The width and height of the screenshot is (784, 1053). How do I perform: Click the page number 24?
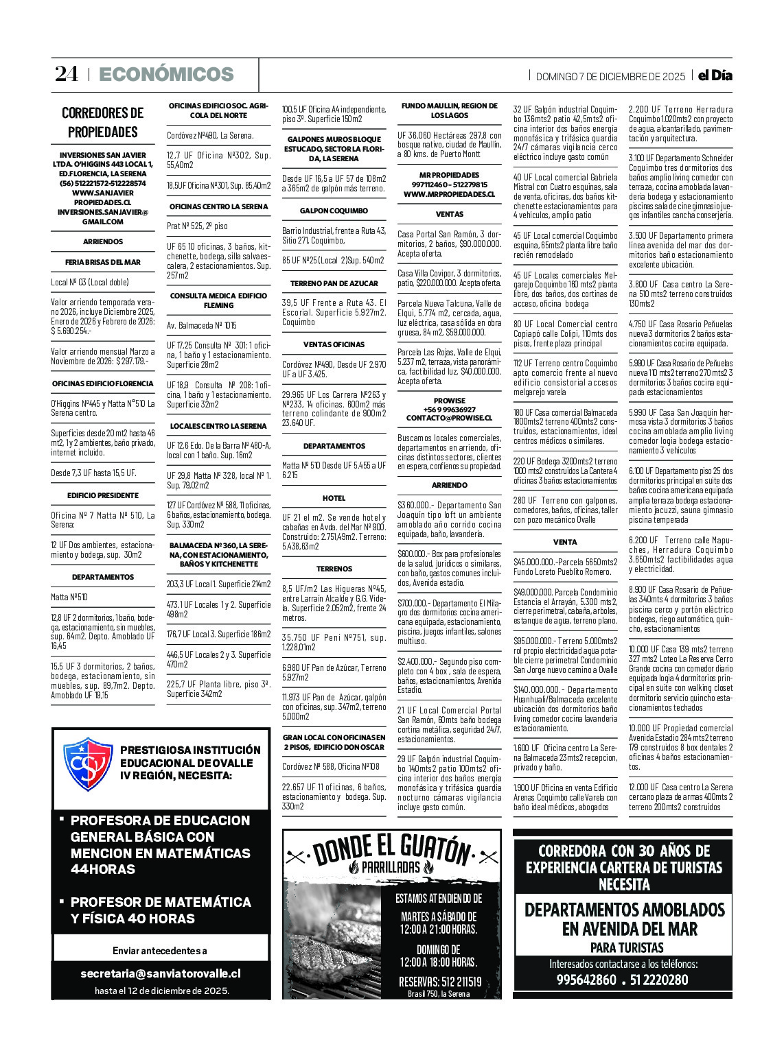pyautogui.click(x=67, y=74)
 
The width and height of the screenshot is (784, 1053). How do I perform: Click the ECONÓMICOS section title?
pyautogui.click(x=166, y=74)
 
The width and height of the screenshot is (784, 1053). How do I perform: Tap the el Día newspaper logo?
pyautogui.click(x=715, y=75)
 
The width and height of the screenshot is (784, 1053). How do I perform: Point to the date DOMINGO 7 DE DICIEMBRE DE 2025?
pyautogui.click(x=610, y=76)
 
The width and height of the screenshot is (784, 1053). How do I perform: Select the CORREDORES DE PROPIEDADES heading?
pyautogui.click(x=103, y=122)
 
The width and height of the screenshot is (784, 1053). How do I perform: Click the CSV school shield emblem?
pyautogui.click(x=88, y=764)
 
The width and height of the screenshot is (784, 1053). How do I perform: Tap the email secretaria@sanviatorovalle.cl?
pyautogui.click(x=161, y=973)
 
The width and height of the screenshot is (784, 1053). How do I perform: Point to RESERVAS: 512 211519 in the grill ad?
pyautogui.click(x=440, y=982)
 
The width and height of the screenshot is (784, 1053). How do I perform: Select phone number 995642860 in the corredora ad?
pyautogui.click(x=586, y=980)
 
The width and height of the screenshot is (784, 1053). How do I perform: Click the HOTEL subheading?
pyautogui.click(x=334, y=498)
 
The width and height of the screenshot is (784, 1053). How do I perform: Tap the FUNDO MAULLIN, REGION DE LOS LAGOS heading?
pyautogui.click(x=449, y=110)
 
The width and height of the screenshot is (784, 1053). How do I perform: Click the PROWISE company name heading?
pyautogui.click(x=449, y=401)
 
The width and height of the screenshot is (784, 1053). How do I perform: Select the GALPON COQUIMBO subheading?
pyautogui.click(x=334, y=211)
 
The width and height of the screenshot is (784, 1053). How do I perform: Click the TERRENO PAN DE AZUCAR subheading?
pyautogui.click(x=334, y=283)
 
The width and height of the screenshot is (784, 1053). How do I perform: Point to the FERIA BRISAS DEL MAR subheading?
pyautogui.click(x=103, y=262)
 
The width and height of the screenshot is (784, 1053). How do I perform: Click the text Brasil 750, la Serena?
pyautogui.click(x=439, y=993)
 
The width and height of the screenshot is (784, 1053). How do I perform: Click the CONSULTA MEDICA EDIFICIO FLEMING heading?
pyautogui.click(x=218, y=300)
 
